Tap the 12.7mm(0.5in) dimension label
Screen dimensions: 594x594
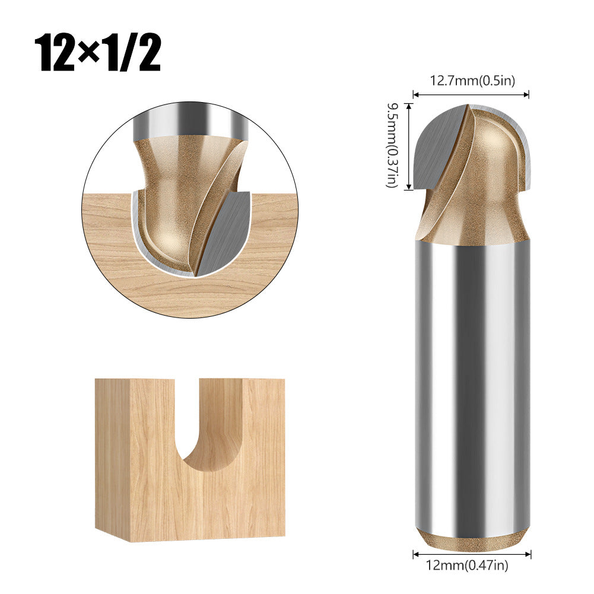pos(472,81)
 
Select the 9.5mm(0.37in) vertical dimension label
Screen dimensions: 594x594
pos(392,145)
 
